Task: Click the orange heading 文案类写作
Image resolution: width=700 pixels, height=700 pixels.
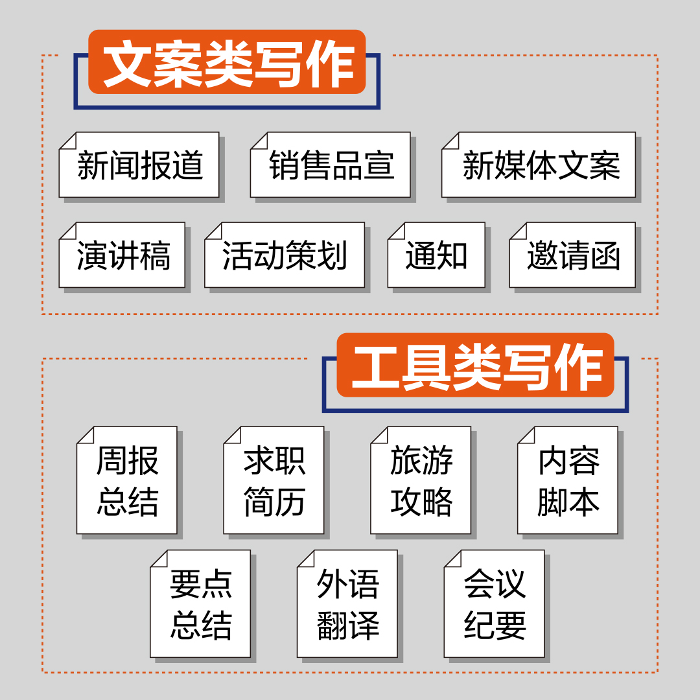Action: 227,62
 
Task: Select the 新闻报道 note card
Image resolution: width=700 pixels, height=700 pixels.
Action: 139,165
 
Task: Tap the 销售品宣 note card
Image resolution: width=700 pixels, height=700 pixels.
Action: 331,165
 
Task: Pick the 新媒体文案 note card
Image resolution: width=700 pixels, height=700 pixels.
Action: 539,165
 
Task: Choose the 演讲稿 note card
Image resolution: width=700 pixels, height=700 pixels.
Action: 122,255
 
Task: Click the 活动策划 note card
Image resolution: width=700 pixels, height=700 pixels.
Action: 285,255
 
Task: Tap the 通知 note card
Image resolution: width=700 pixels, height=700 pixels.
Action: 436,255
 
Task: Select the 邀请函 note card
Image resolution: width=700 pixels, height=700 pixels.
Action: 572,255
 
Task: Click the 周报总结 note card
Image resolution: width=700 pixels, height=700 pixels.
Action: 127,480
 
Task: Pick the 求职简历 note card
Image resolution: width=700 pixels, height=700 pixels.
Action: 274,480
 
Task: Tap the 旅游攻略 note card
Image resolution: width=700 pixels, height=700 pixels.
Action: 421,480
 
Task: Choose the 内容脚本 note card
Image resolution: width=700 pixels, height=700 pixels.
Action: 568,480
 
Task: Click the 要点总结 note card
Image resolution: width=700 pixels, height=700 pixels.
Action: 200,604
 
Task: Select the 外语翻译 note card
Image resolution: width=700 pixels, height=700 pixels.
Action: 347,604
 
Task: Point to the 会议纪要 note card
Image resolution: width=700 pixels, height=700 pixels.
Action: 494,604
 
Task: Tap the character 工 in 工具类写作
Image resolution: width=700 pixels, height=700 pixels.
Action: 375,366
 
